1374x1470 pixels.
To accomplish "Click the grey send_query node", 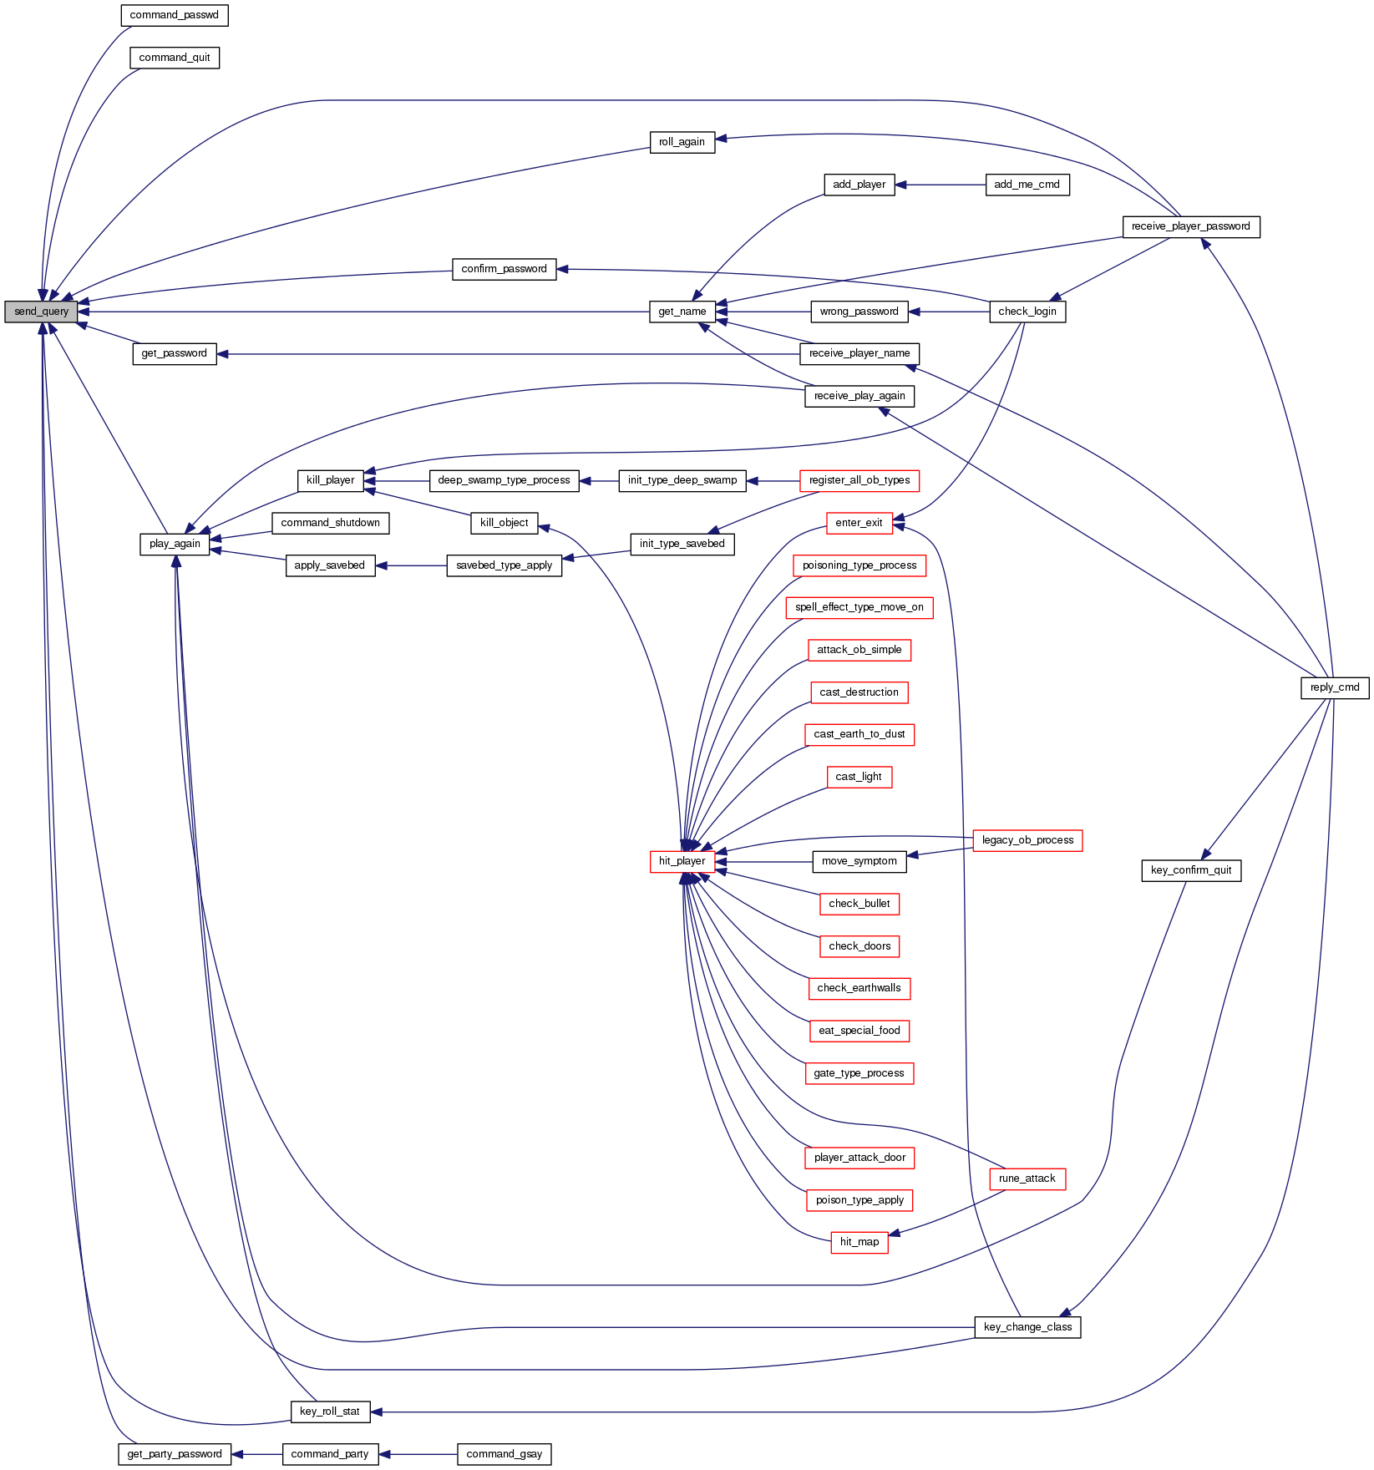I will tap(41, 312).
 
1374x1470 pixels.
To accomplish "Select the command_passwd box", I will tap(174, 15).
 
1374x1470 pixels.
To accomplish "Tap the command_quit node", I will tap(174, 58).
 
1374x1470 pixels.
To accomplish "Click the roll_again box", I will tap(682, 142).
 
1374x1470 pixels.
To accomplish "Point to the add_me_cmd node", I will tap(1027, 185).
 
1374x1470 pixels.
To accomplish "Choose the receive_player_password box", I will tap(1190, 226).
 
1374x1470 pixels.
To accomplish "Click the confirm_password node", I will tap(504, 269).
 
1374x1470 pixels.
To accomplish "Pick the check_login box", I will tap(1027, 312).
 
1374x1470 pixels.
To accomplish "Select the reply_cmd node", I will tap(1334, 687).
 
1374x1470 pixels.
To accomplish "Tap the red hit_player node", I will tap(682, 861).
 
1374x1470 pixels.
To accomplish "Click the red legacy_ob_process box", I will tap(1027, 840).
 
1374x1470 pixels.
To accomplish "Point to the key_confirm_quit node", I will tap(1190, 870).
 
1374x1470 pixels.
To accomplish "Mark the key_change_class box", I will tap(1027, 1327).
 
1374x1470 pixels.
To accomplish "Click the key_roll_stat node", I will tap(329, 1412).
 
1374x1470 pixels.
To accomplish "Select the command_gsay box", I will tap(504, 1454).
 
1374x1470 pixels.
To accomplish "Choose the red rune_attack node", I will tap(1027, 1179).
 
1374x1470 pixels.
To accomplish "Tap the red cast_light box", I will tap(859, 777).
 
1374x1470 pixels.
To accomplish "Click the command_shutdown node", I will tap(330, 523).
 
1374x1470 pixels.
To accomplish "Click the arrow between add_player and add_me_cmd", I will tap(941, 185).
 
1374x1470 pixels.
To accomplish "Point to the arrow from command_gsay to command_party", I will tap(418, 1454).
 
